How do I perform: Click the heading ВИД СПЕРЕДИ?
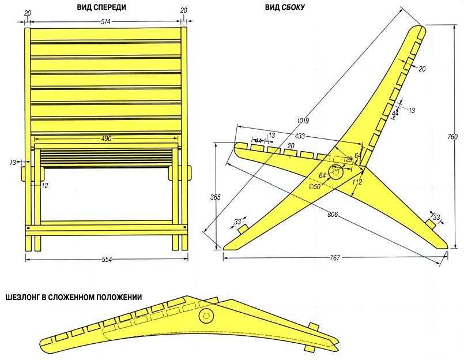[101, 7]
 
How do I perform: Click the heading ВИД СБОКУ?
[285, 7]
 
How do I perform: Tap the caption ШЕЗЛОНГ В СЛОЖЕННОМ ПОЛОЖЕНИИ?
[74, 297]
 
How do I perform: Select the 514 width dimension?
[105, 21]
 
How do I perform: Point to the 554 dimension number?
[107, 259]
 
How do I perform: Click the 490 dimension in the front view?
[106, 138]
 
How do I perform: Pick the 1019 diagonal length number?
[303, 121]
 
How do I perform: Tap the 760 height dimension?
[452, 137]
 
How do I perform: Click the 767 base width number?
[335, 258]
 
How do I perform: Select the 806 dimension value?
[333, 214]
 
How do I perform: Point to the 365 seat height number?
[216, 197]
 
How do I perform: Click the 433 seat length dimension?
[300, 136]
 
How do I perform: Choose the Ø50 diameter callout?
[314, 186]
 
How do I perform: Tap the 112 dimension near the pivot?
[357, 182]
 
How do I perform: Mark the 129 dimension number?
[348, 159]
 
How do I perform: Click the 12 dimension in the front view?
[45, 186]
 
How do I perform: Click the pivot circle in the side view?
[335, 172]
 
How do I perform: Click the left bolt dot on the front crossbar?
[28, 228]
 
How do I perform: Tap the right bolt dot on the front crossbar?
[185, 228]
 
